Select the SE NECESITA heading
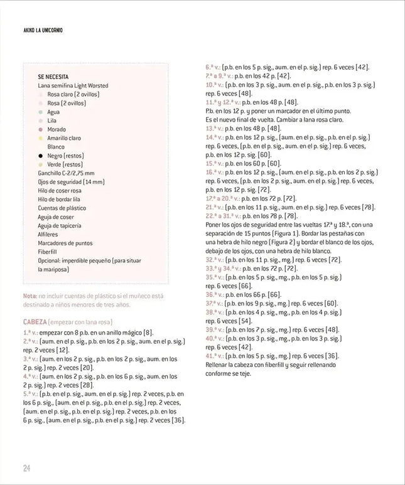pos(57,77)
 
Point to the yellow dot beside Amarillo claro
pos(40,138)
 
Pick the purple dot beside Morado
pos(40,129)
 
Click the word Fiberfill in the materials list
pos(50,252)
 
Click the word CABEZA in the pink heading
pos(36,322)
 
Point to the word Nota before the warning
pos(30,296)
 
